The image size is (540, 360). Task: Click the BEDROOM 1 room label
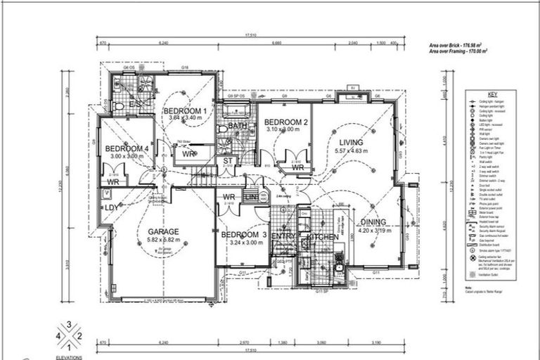pyautogui.click(x=185, y=111)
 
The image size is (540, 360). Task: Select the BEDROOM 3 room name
pyautogui.click(x=243, y=235)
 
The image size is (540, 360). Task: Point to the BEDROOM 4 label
pyautogui.click(x=127, y=148)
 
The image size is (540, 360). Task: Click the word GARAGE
pyautogui.click(x=163, y=231)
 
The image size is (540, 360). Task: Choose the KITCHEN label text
pyautogui.click(x=323, y=238)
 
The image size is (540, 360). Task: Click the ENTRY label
pyautogui.click(x=283, y=237)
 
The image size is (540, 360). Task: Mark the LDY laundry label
pyautogui.click(x=111, y=207)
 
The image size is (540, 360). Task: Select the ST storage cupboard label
pyautogui.click(x=228, y=162)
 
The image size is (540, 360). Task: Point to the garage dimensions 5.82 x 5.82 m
pyautogui.click(x=163, y=240)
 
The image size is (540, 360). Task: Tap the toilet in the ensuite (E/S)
pyautogui.click(x=118, y=106)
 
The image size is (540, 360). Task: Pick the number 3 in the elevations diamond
pyautogui.click(x=69, y=325)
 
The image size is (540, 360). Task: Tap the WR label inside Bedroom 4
pyautogui.click(x=112, y=181)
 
